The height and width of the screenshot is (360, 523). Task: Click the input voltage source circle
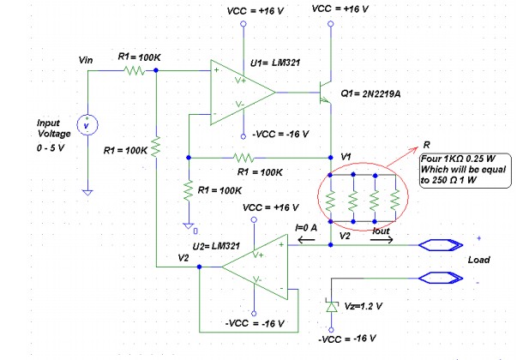[x=86, y=125]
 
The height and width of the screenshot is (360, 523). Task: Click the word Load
[x=479, y=259]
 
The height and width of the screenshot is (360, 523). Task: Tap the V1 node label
[x=345, y=156]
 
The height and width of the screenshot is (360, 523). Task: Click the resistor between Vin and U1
[x=135, y=72]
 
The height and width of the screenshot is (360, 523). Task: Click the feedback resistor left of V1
[x=247, y=158]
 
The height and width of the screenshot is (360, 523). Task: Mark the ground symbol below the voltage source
[x=86, y=191]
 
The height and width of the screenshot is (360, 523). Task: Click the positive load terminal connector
[x=446, y=245]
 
